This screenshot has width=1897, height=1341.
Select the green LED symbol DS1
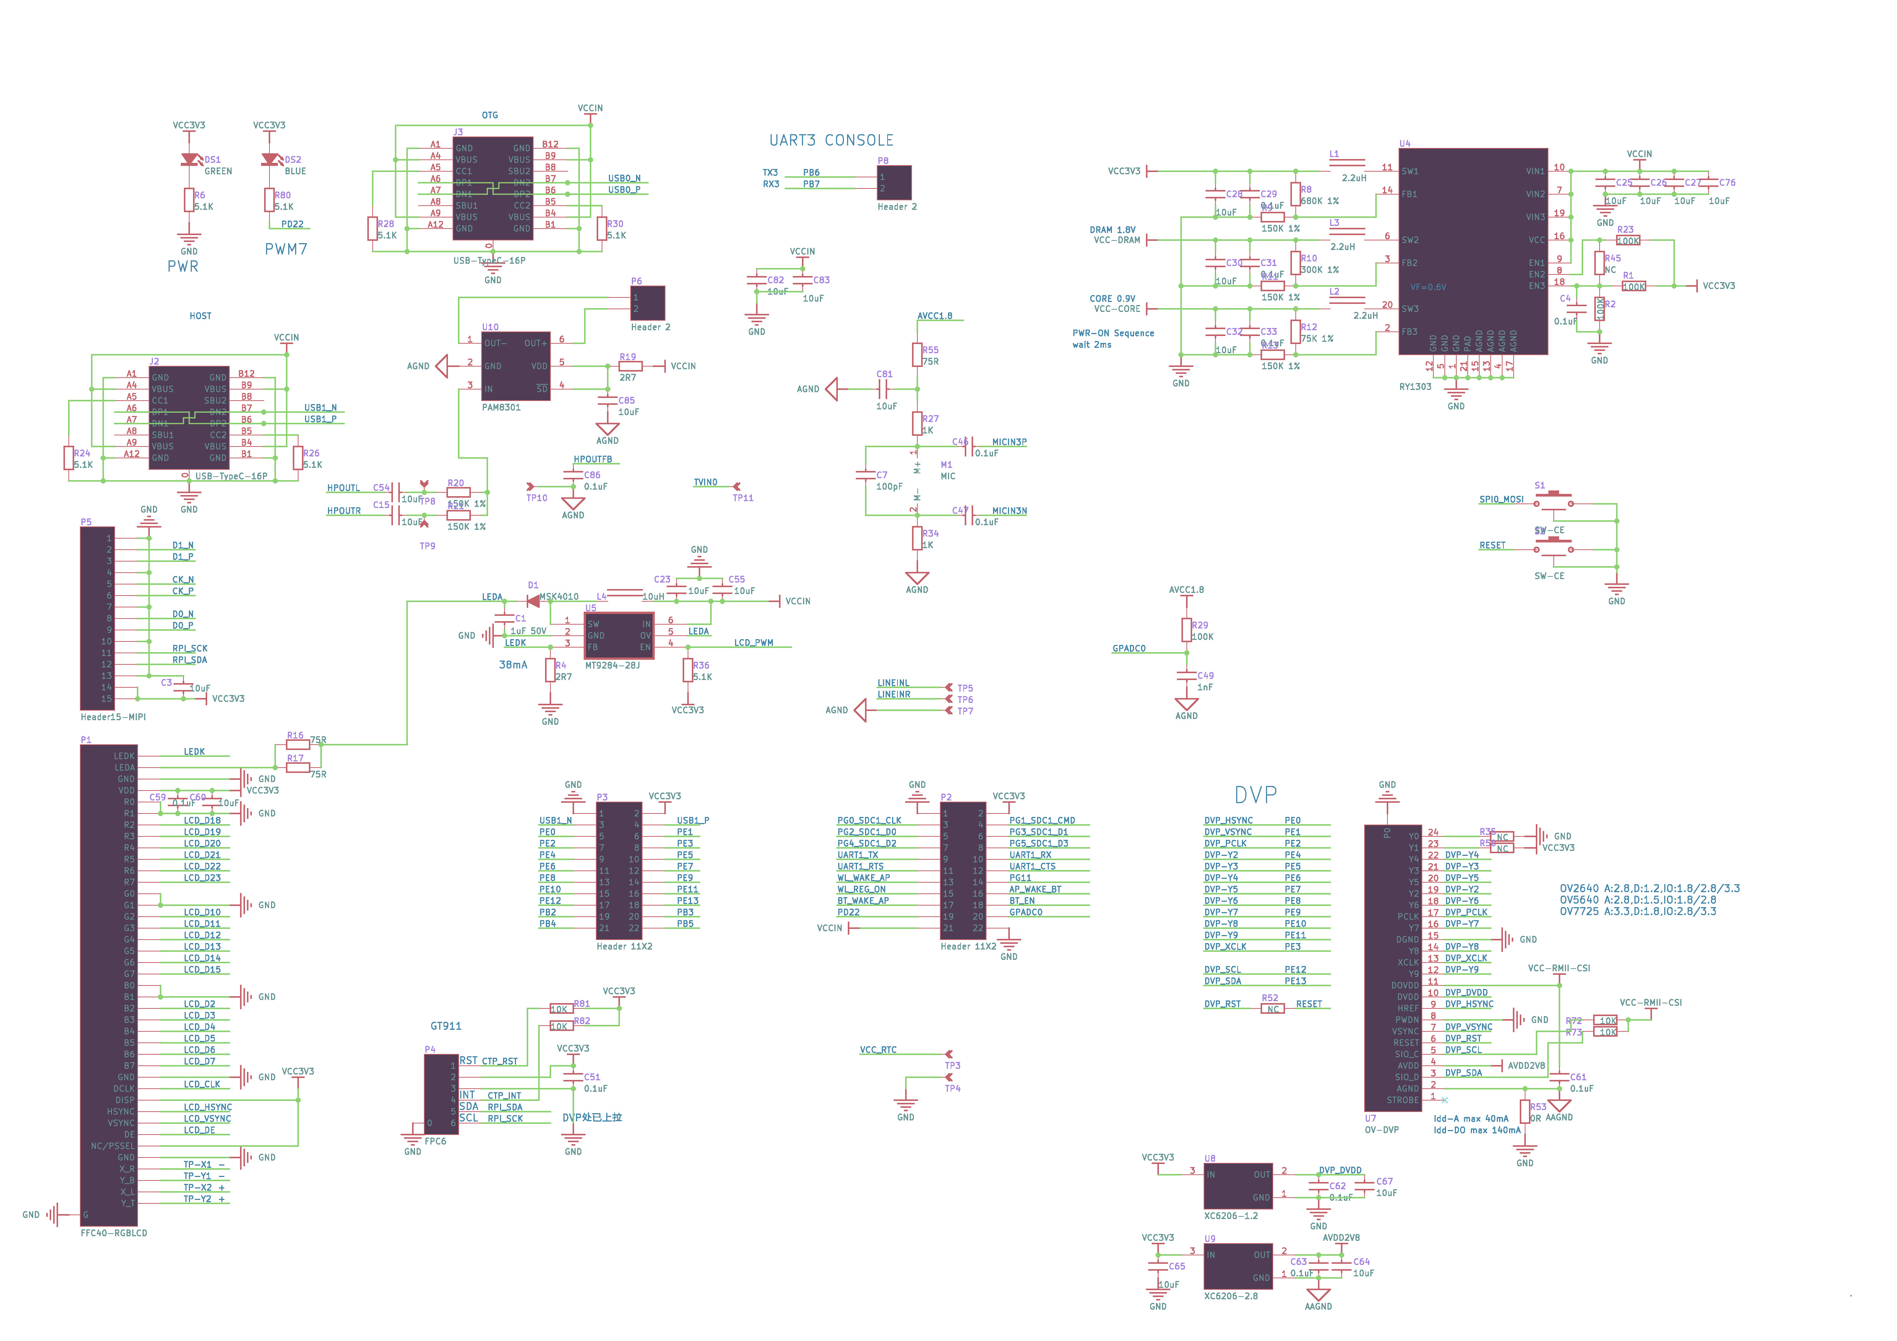[190, 159]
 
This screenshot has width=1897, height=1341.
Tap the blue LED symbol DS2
[269, 159]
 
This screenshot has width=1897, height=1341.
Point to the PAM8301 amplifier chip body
[516, 366]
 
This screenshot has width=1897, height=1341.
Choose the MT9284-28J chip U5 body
[619, 635]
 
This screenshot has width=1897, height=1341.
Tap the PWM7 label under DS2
[286, 249]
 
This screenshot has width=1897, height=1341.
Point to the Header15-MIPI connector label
[113, 717]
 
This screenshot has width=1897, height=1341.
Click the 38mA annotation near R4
[512, 665]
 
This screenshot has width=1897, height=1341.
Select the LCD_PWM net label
[753, 643]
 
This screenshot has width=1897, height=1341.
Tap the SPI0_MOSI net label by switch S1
[1501, 500]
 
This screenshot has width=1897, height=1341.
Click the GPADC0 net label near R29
[1129, 649]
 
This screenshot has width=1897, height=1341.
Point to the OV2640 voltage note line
[1649, 888]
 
